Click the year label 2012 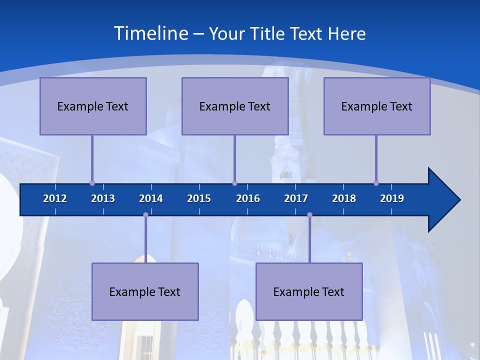tap(55, 198)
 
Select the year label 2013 tap(103, 198)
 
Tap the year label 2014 tap(151, 198)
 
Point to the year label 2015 tap(199, 198)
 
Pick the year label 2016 tap(248, 198)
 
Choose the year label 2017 tap(296, 198)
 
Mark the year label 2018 tap(344, 198)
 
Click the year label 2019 tap(392, 198)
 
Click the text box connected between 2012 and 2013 tap(93, 106)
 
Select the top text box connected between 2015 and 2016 tap(235, 106)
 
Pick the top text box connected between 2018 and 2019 tap(377, 106)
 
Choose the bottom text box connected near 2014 tap(145, 291)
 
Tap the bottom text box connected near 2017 tap(309, 291)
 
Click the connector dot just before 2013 tap(92, 183)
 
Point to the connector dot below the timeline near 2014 tap(145, 215)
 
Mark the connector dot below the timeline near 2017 tap(309, 215)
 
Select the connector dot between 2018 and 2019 tap(376, 183)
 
